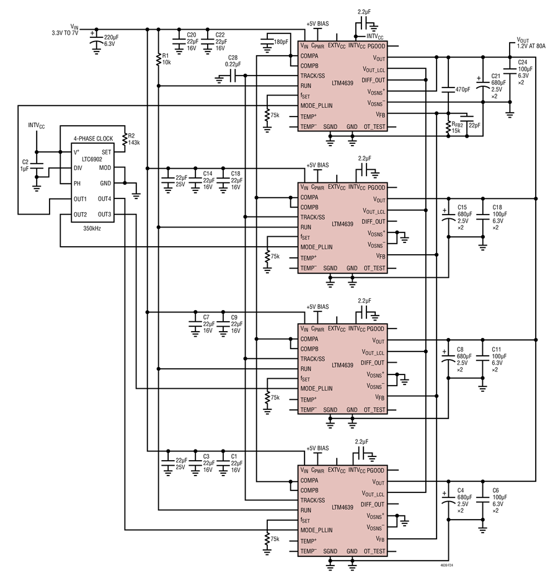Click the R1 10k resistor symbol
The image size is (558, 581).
pyautogui.click(x=159, y=60)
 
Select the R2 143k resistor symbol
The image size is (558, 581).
pyautogui.click(x=125, y=138)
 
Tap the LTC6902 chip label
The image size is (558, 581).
pyautogui.click(x=92, y=159)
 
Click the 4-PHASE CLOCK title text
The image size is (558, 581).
pyautogui.click(x=93, y=138)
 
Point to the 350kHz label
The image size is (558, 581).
pyautogui.click(x=92, y=229)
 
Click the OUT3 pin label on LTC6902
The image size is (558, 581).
pyautogui.click(x=105, y=215)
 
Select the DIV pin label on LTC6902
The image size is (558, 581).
pyautogui.click(x=77, y=168)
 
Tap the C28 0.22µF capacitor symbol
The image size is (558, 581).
pyautogui.click(x=232, y=77)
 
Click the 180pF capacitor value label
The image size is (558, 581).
pyautogui.click(x=281, y=42)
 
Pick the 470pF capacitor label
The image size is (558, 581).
pyautogui.click(x=463, y=89)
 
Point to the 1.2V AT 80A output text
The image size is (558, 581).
pyautogui.click(x=531, y=47)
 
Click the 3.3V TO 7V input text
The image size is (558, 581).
pyautogui.click(x=65, y=33)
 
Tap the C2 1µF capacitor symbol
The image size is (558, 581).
pyautogui.click(x=37, y=166)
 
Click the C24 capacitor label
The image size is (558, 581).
pyautogui.click(x=523, y=62)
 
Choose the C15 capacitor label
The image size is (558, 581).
pyautogui.click(x=462, y=208)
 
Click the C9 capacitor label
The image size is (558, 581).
pyautogui.click(x=234, y=317)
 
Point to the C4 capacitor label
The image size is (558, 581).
pyautogui.click(x=461, y=490)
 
